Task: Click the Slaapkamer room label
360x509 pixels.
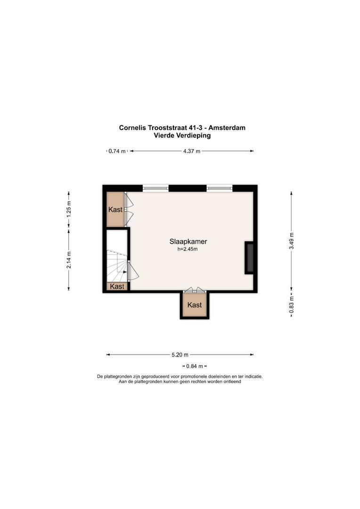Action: pyautogui.click(x=188, y=241)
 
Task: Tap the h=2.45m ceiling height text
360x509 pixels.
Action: pyautogui.click(x=188, y=249)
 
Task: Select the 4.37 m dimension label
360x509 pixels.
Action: pyautogui.click(x=191, y=151)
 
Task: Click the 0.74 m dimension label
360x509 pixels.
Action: pyautogui.click(x=117, y=151)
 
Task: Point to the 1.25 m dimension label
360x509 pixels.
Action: pyautogui.click(x=69, y=209)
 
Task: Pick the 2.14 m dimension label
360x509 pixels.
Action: pyautogui.click(x=69, y=260)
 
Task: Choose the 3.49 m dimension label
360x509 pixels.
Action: pyautogui.click(x=292, y=241)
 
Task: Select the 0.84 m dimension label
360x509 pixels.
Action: pyautogui.click(x=195, y=366)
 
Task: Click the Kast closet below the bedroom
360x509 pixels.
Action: pyautogui.click(x=195, y=305)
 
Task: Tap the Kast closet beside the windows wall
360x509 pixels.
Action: pyautogui.click(x=115, y=209)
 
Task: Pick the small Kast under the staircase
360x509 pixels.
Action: pyautogui.click(x=117, y=287)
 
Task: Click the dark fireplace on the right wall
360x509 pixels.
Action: pyautogui.click(x=250, y=258)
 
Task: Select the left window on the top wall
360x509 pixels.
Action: pyautogui.click(x=155, y=188)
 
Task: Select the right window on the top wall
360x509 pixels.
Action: pyautogui.click(x=220, y=188)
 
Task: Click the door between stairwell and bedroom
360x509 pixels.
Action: pyautogui.click(x=132, y=271)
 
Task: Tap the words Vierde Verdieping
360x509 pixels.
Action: pyautogui.click(x=182, y=135)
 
